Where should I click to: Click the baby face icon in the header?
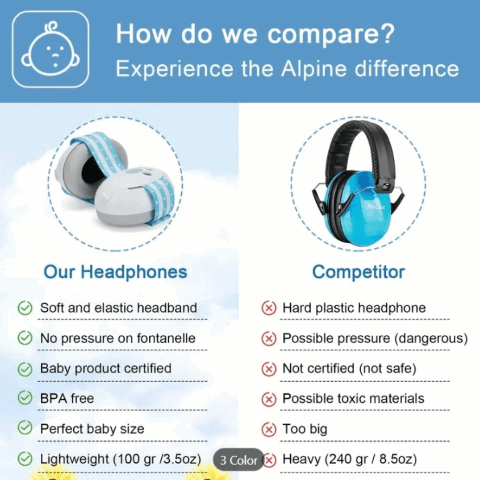(x=51, y=49)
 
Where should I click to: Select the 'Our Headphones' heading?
(x=116, y=272)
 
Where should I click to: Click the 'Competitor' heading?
(x=359, y=272)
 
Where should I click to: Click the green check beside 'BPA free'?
(x=25, y=398)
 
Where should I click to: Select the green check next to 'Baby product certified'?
(x=25, y=368)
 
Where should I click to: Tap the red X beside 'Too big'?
(x=268, y=429)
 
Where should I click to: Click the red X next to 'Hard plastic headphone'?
(x=268, y=308)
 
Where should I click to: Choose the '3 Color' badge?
(x=239, y=460)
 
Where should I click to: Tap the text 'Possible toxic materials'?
(x=353, y=399)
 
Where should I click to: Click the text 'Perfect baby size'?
(x=92, y=429)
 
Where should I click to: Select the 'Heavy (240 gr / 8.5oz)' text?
(x=350, y=459)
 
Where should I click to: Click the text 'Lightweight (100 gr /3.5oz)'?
(x=120, y=459)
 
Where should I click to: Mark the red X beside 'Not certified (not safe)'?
(x=268, y=369)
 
